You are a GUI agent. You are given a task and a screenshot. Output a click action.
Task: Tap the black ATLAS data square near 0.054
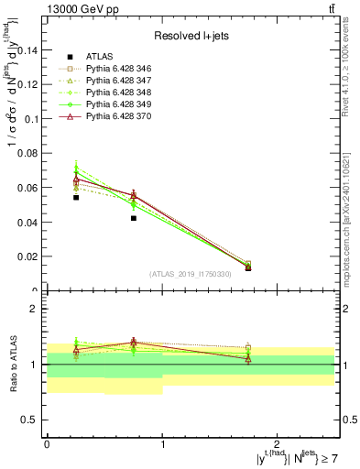point(76,197)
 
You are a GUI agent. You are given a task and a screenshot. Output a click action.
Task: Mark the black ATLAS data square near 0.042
point(134,218)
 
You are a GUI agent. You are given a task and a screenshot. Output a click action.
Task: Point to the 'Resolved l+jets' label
point(191,36)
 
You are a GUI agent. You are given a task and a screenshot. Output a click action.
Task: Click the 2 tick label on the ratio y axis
point(35,310)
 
